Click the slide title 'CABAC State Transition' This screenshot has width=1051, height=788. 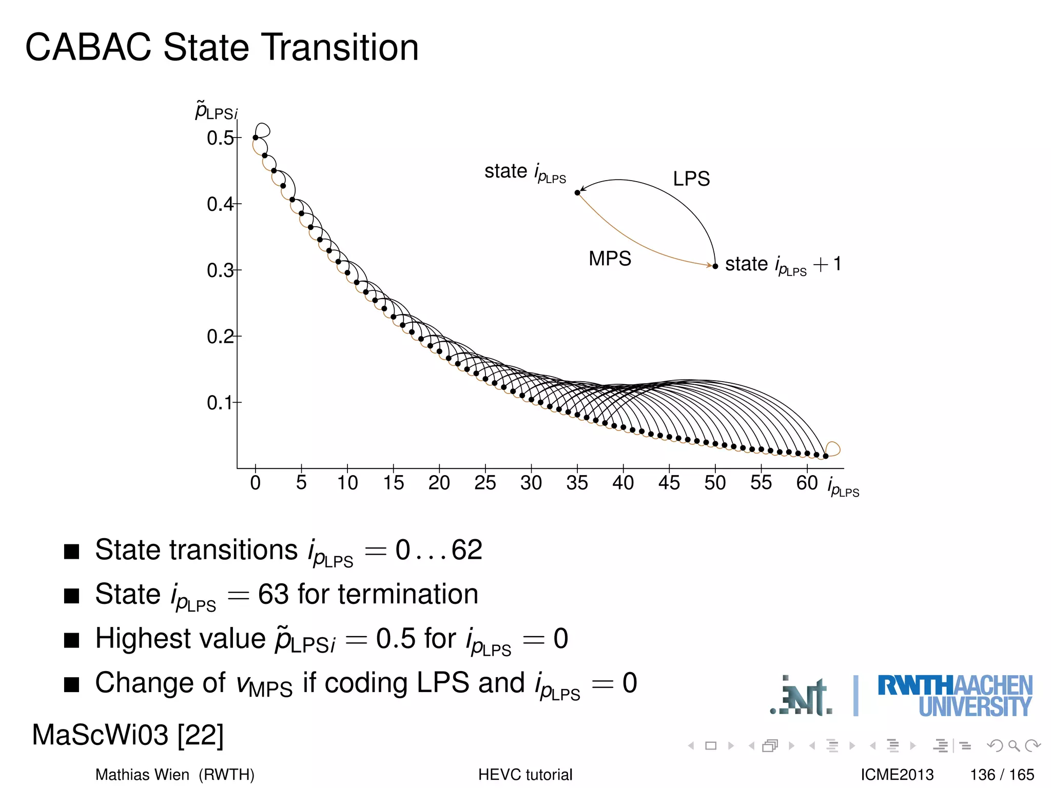click(x=222, y=47)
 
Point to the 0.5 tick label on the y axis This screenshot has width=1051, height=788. click(x=220, y=138)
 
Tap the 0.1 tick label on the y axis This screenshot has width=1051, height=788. click(x=220, y=403)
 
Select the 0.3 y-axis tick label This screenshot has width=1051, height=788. click(x=220, y=270)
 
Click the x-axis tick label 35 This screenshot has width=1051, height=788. click(x=577, y=483)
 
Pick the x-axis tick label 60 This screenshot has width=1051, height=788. click(x=807, y=483)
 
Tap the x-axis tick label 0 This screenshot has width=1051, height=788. click(x=256, y=483)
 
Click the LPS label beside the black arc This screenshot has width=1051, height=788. click(x=691, y=179)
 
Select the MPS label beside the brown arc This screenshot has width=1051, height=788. click(x=610, y=259)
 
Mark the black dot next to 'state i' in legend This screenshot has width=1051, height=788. click(x=577, y=192)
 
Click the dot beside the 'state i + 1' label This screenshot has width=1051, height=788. click(x=715, y=266)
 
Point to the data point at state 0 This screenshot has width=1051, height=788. click(x=256, y=137)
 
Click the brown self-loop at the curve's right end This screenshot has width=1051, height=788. click(x=833, y=448)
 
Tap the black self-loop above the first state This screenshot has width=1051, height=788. click(x=263, y=129)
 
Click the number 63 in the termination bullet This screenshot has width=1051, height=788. click(x=274, y=594)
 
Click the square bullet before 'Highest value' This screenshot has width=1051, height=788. click(x=71, y=640)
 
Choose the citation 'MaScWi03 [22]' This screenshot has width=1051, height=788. click(x=128, y=735)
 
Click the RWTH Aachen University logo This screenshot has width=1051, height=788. click(x=955, y=695)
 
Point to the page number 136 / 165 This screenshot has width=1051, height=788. click(x=1002, y=775)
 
